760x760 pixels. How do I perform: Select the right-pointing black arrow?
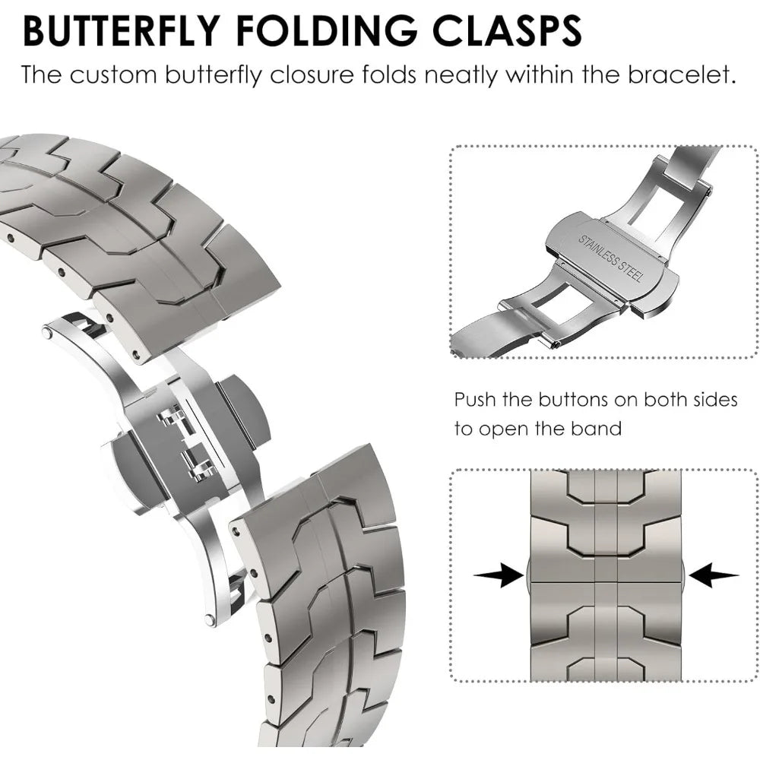(x=499, y=575)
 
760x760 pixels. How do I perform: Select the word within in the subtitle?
(x=543, y=75)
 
